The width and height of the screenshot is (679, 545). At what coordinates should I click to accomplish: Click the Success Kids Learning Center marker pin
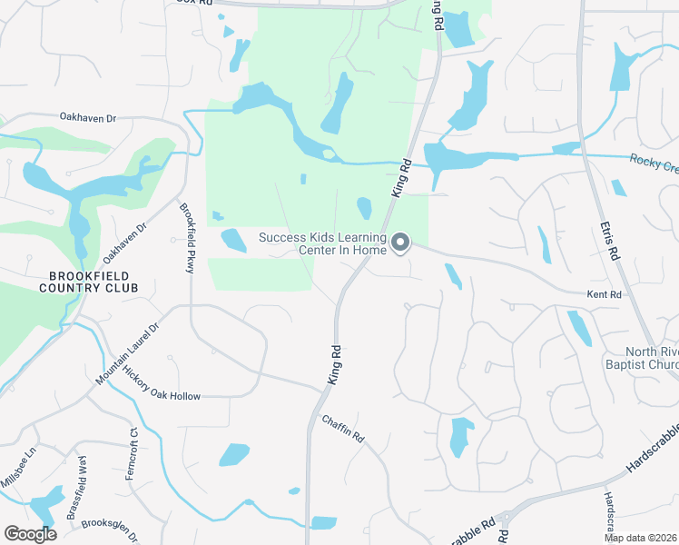[x=400, y=242]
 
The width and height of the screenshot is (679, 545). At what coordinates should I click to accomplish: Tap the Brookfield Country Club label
[x=89, y=282]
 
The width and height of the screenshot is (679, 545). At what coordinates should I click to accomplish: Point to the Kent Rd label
[x=604, y=295]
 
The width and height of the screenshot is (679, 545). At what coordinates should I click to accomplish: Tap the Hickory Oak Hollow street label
[x=162, y=396]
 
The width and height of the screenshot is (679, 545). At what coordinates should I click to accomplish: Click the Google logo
[x=30, y=534]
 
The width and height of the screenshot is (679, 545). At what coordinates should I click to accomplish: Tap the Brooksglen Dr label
[x=110, y=530]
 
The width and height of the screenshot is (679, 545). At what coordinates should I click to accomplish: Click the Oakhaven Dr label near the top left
[x=89, y=117]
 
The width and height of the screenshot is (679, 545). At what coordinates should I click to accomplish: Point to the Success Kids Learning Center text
[x=322, y=244]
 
